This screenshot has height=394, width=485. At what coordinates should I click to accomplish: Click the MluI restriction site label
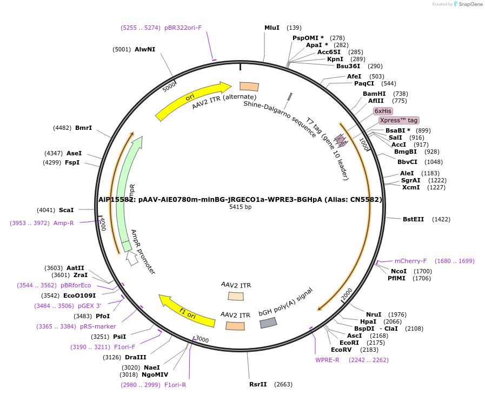(272, 28)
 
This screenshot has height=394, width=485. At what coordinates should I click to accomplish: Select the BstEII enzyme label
(414, 219)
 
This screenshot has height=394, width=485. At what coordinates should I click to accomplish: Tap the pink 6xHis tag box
(383, 110)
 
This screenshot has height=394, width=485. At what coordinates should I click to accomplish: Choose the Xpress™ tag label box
(398, 120)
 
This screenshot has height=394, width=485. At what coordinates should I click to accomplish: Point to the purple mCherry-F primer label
(410, 261)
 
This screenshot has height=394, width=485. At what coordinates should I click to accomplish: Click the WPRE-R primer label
(328, 360)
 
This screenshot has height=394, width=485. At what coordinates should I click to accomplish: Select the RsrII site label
(258, 385)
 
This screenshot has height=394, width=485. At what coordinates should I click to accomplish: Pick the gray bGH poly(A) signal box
(268, 323)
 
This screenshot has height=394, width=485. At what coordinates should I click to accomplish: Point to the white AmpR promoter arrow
(131, 259)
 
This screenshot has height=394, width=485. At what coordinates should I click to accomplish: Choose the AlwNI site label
(145, 49)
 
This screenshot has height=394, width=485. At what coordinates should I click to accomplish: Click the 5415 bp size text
(240, 207)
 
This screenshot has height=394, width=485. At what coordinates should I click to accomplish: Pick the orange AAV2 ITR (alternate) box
(249, 87)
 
